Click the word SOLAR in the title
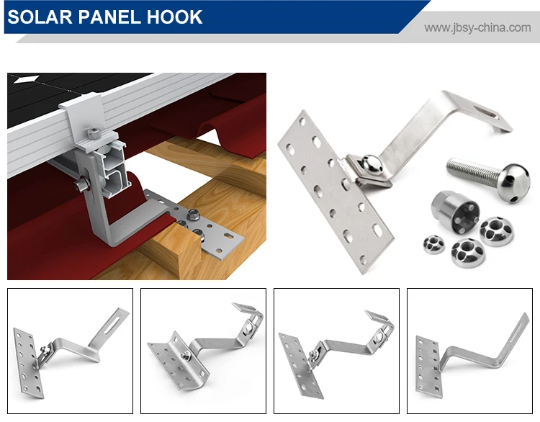(38, 17)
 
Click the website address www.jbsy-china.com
(477, 28)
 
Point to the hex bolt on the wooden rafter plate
(194, 214)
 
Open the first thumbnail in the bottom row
(70, 341)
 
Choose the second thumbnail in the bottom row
(203, 341)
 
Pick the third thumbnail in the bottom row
(336, 341)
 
